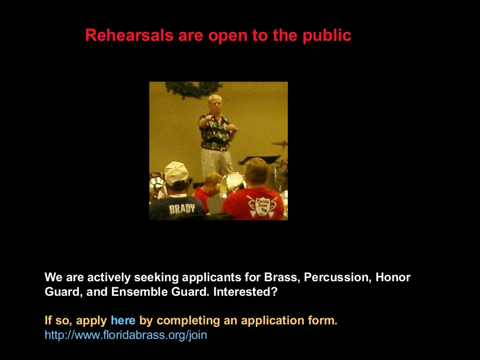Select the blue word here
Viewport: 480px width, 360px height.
click(x=123, y=321)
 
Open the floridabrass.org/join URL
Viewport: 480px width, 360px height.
click(x=126, y=336)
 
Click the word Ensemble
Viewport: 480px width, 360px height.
click(x=135, y=292)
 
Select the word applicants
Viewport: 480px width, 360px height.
click(x=212, y=277)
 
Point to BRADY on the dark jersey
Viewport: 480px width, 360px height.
click(x=181, y=209)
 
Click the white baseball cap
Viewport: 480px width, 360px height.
click(x=176, y=172)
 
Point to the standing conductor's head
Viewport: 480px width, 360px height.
click(x=215, y=103)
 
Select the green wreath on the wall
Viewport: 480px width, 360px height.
click(x=193, y=88)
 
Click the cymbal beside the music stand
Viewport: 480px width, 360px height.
click(x=280, y=143)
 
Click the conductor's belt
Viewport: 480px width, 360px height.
click(x=215, y=149)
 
